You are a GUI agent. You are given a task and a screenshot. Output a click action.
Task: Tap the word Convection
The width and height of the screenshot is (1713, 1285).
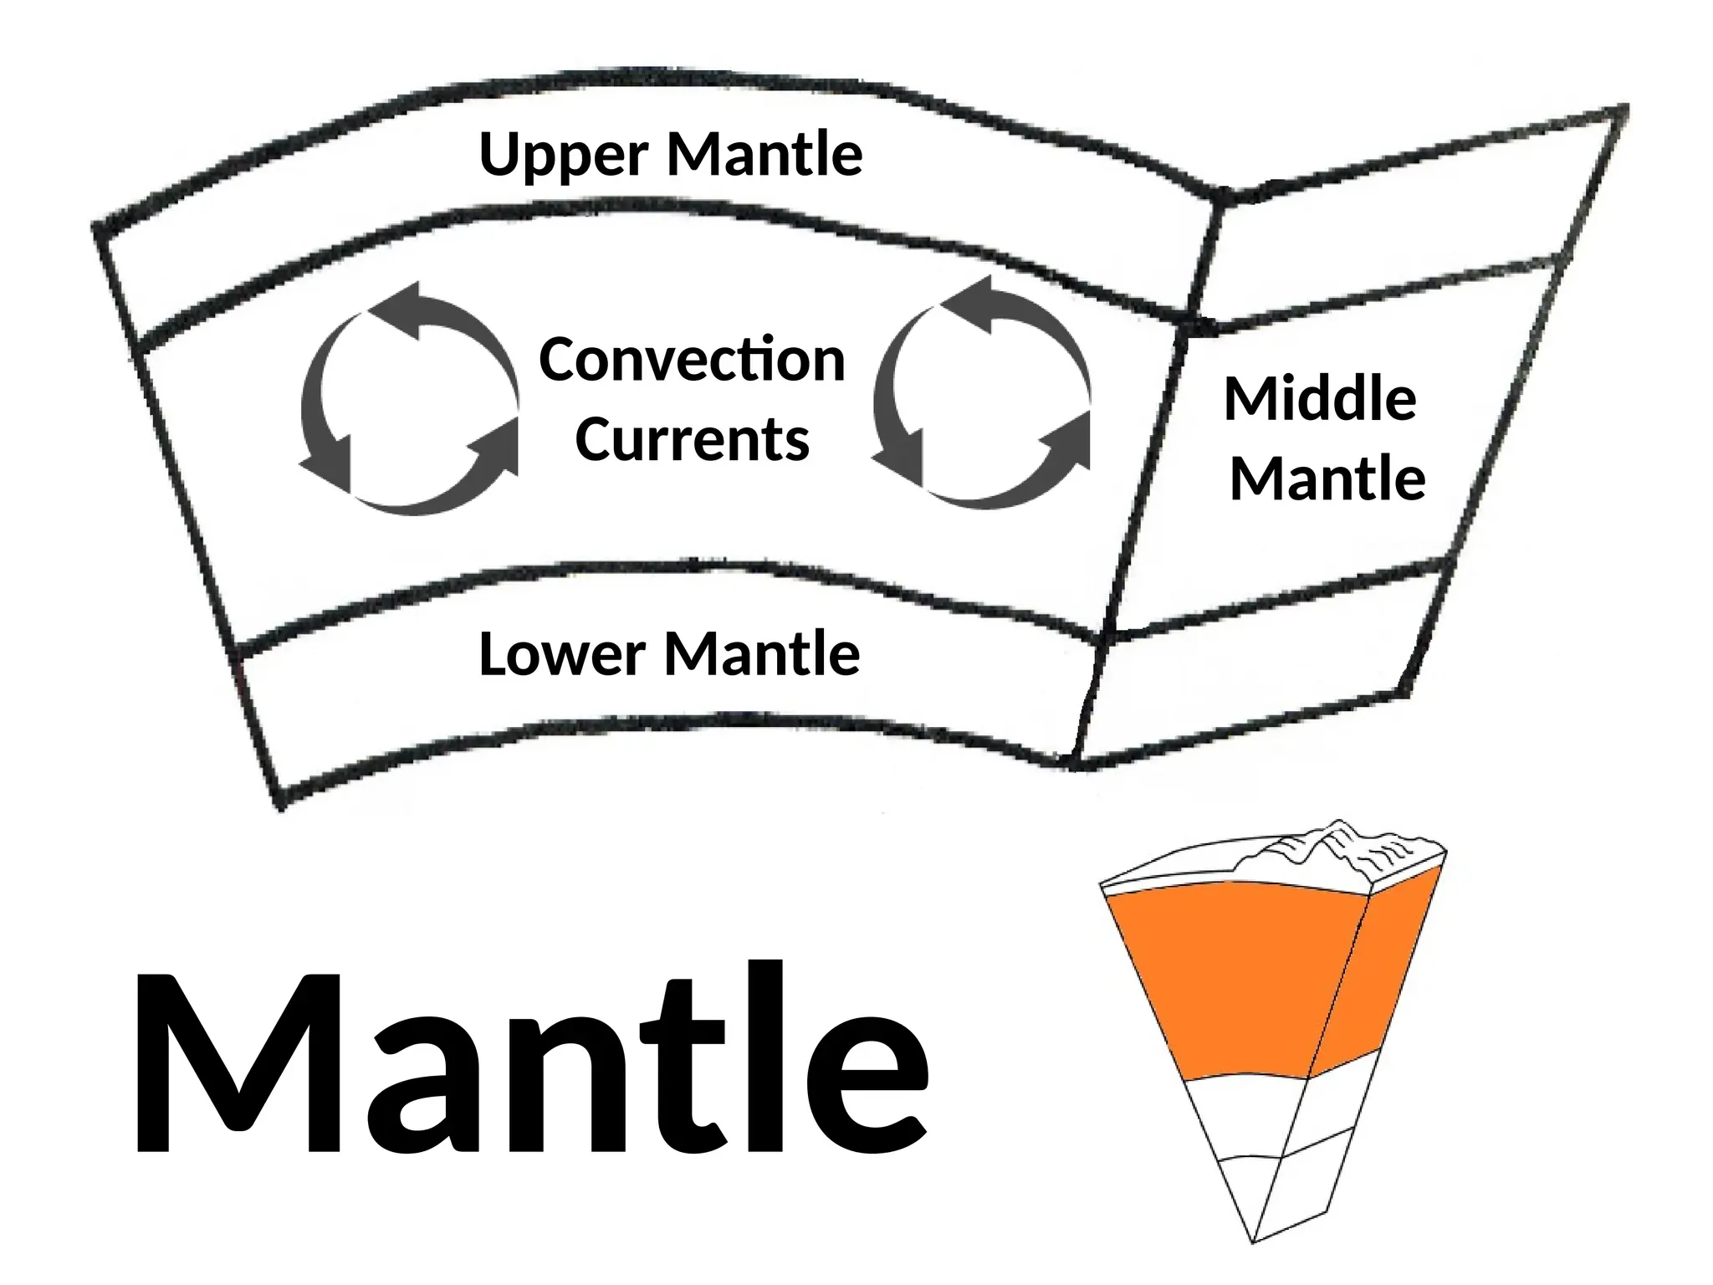pos(692,360)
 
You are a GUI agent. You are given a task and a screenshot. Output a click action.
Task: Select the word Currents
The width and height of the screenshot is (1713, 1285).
pos(692,440)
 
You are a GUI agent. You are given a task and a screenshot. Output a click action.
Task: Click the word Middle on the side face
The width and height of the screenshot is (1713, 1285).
pos(1320,399)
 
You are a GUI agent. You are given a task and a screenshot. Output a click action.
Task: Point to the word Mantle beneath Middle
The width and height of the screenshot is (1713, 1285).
pos(1327,479)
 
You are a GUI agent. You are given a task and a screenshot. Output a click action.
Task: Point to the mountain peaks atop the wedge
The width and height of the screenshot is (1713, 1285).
pos(1322,841)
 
